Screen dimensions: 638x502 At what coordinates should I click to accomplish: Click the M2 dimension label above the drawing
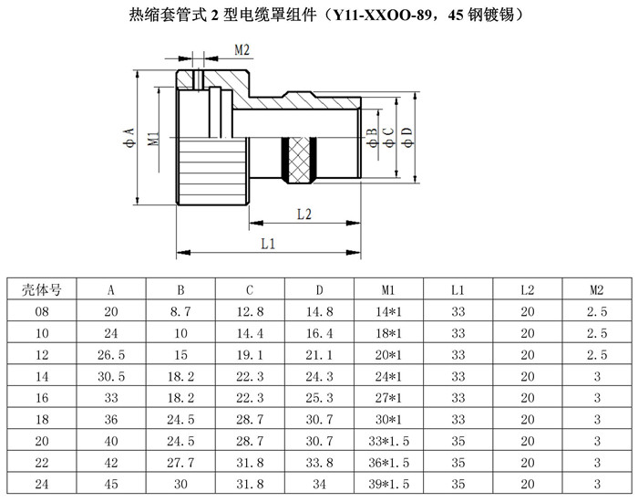point(242,50)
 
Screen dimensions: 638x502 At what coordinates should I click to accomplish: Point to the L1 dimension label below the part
point(268,244)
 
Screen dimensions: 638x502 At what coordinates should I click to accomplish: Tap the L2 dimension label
point(304,214)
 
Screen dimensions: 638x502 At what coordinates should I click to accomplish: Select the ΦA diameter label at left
point(129,137)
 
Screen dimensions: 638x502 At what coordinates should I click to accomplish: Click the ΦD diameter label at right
point(407,137)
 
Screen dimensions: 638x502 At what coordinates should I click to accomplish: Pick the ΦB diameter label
point(372,137)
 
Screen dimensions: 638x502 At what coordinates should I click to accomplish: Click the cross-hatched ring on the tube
point(299,160)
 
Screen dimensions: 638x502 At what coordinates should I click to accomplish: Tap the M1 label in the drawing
point(153,139)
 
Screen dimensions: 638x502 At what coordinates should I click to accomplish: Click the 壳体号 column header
point(42,289)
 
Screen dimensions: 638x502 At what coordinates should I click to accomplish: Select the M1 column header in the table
point(388,289)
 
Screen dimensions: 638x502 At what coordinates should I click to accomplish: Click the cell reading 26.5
point(111,354)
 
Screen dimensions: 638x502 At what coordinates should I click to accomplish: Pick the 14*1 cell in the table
point(388,312)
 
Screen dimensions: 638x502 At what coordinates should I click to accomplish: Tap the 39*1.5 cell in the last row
point(388,484)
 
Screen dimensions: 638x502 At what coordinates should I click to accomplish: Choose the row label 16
point(42,398)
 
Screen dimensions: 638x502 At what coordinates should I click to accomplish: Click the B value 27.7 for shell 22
point(180,463)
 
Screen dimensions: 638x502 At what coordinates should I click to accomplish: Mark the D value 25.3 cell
point(319,398)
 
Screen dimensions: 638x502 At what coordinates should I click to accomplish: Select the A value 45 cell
point(111,484)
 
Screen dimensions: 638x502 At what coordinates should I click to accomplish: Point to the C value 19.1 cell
point(250,354)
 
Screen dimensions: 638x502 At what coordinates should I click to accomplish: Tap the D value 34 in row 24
point(319,484)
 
